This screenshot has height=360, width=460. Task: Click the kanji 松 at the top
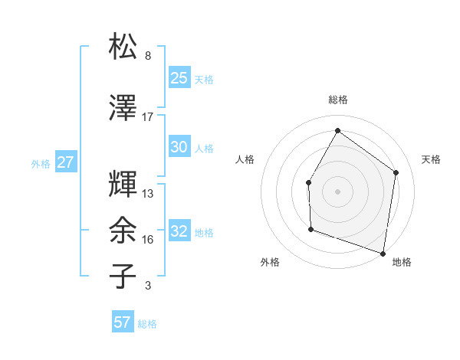click(x=123, y=47)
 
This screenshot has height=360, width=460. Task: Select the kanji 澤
click(x=123, y=109)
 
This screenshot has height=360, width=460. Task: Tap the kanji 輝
click(x=123, y=185)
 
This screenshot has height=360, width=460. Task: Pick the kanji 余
click(x=123, y=230)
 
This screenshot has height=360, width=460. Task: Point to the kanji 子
click(x=123, y=276)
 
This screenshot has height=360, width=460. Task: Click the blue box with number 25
click(x=179, y=77)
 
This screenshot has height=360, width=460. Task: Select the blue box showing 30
click(x=179, y=147)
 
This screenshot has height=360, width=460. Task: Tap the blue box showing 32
click(x=179, y=231)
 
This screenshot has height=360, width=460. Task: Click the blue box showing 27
click(x=65, y=162)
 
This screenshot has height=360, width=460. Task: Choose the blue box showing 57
click(x=123, y=322)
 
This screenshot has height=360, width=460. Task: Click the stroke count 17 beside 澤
click(x=148, y=116)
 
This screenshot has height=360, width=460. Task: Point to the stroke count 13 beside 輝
click(x=148, y=193)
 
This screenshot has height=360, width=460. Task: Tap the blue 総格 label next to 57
click(x=147, y=324)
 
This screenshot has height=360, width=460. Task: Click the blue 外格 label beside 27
click(x=41, y=163)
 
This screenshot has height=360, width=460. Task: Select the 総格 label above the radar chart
click(x=337, y=100)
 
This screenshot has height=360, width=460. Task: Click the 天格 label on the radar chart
click(x=432, y=159)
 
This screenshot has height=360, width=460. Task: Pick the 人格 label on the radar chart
click(x=245, y=159)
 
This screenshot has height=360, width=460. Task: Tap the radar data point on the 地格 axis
click(x=383, y=253)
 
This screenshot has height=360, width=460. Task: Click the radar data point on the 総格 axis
click(x=337, y=130)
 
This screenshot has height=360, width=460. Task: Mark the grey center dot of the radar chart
click(x=337, y=191)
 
